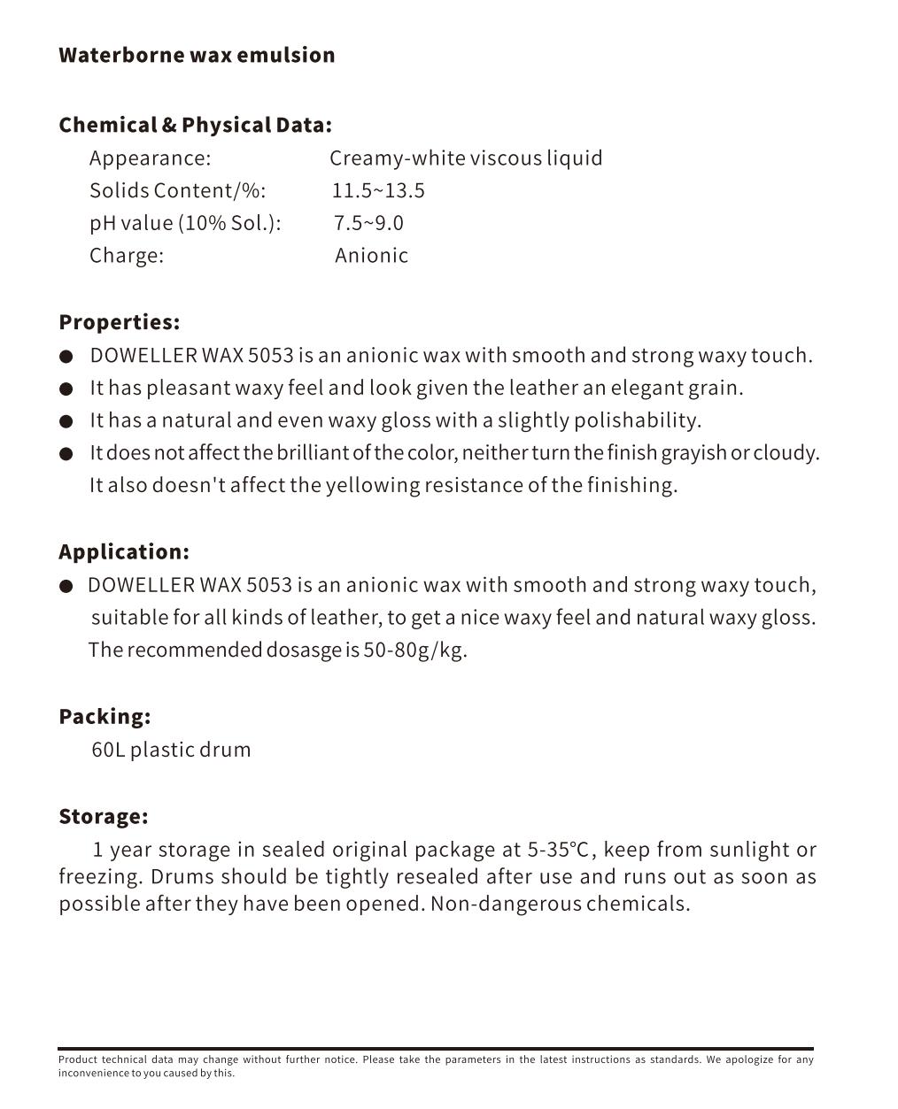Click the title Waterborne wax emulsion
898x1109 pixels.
pyautogui.click(x=197, y=55)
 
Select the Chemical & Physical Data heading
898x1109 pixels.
pyautogui.click(x=195, y=125)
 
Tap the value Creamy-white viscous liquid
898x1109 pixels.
pyautogui.click(x=466, y=158)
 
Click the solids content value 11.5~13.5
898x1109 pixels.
pyautogui.click(x=378, y=190)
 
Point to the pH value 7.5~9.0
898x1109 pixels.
pyautogui.click(x=368, y=223)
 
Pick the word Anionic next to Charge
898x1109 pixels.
pyautogui.click(x=371, y=256)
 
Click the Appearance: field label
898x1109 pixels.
pyautogui.click(x=150, y=158)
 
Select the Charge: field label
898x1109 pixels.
pyautogui.click(x=127, y=256)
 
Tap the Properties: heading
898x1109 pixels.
pyautogui.click(x=119, y=322)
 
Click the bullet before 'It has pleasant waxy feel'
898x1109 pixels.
pyautogui.click(x=66, y=389)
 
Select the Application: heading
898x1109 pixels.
pyautogui.click(x=124, y=552)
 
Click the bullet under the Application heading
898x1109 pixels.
pyautogui.click(x=66, y=586)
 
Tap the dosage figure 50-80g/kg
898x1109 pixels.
pyautogui.click(x=414, y=651)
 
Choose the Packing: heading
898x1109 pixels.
pyautogui.click(x=105, y=717)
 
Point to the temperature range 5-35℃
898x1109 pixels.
pyautogui.click(x=558, y=850)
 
